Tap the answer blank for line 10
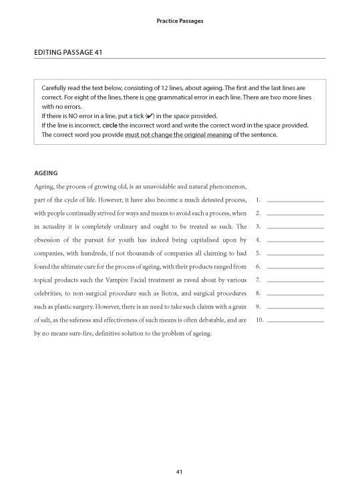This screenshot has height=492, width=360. point(295,320)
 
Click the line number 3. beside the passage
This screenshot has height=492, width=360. point(258,226)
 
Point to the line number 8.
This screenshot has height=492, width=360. point(258,293)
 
